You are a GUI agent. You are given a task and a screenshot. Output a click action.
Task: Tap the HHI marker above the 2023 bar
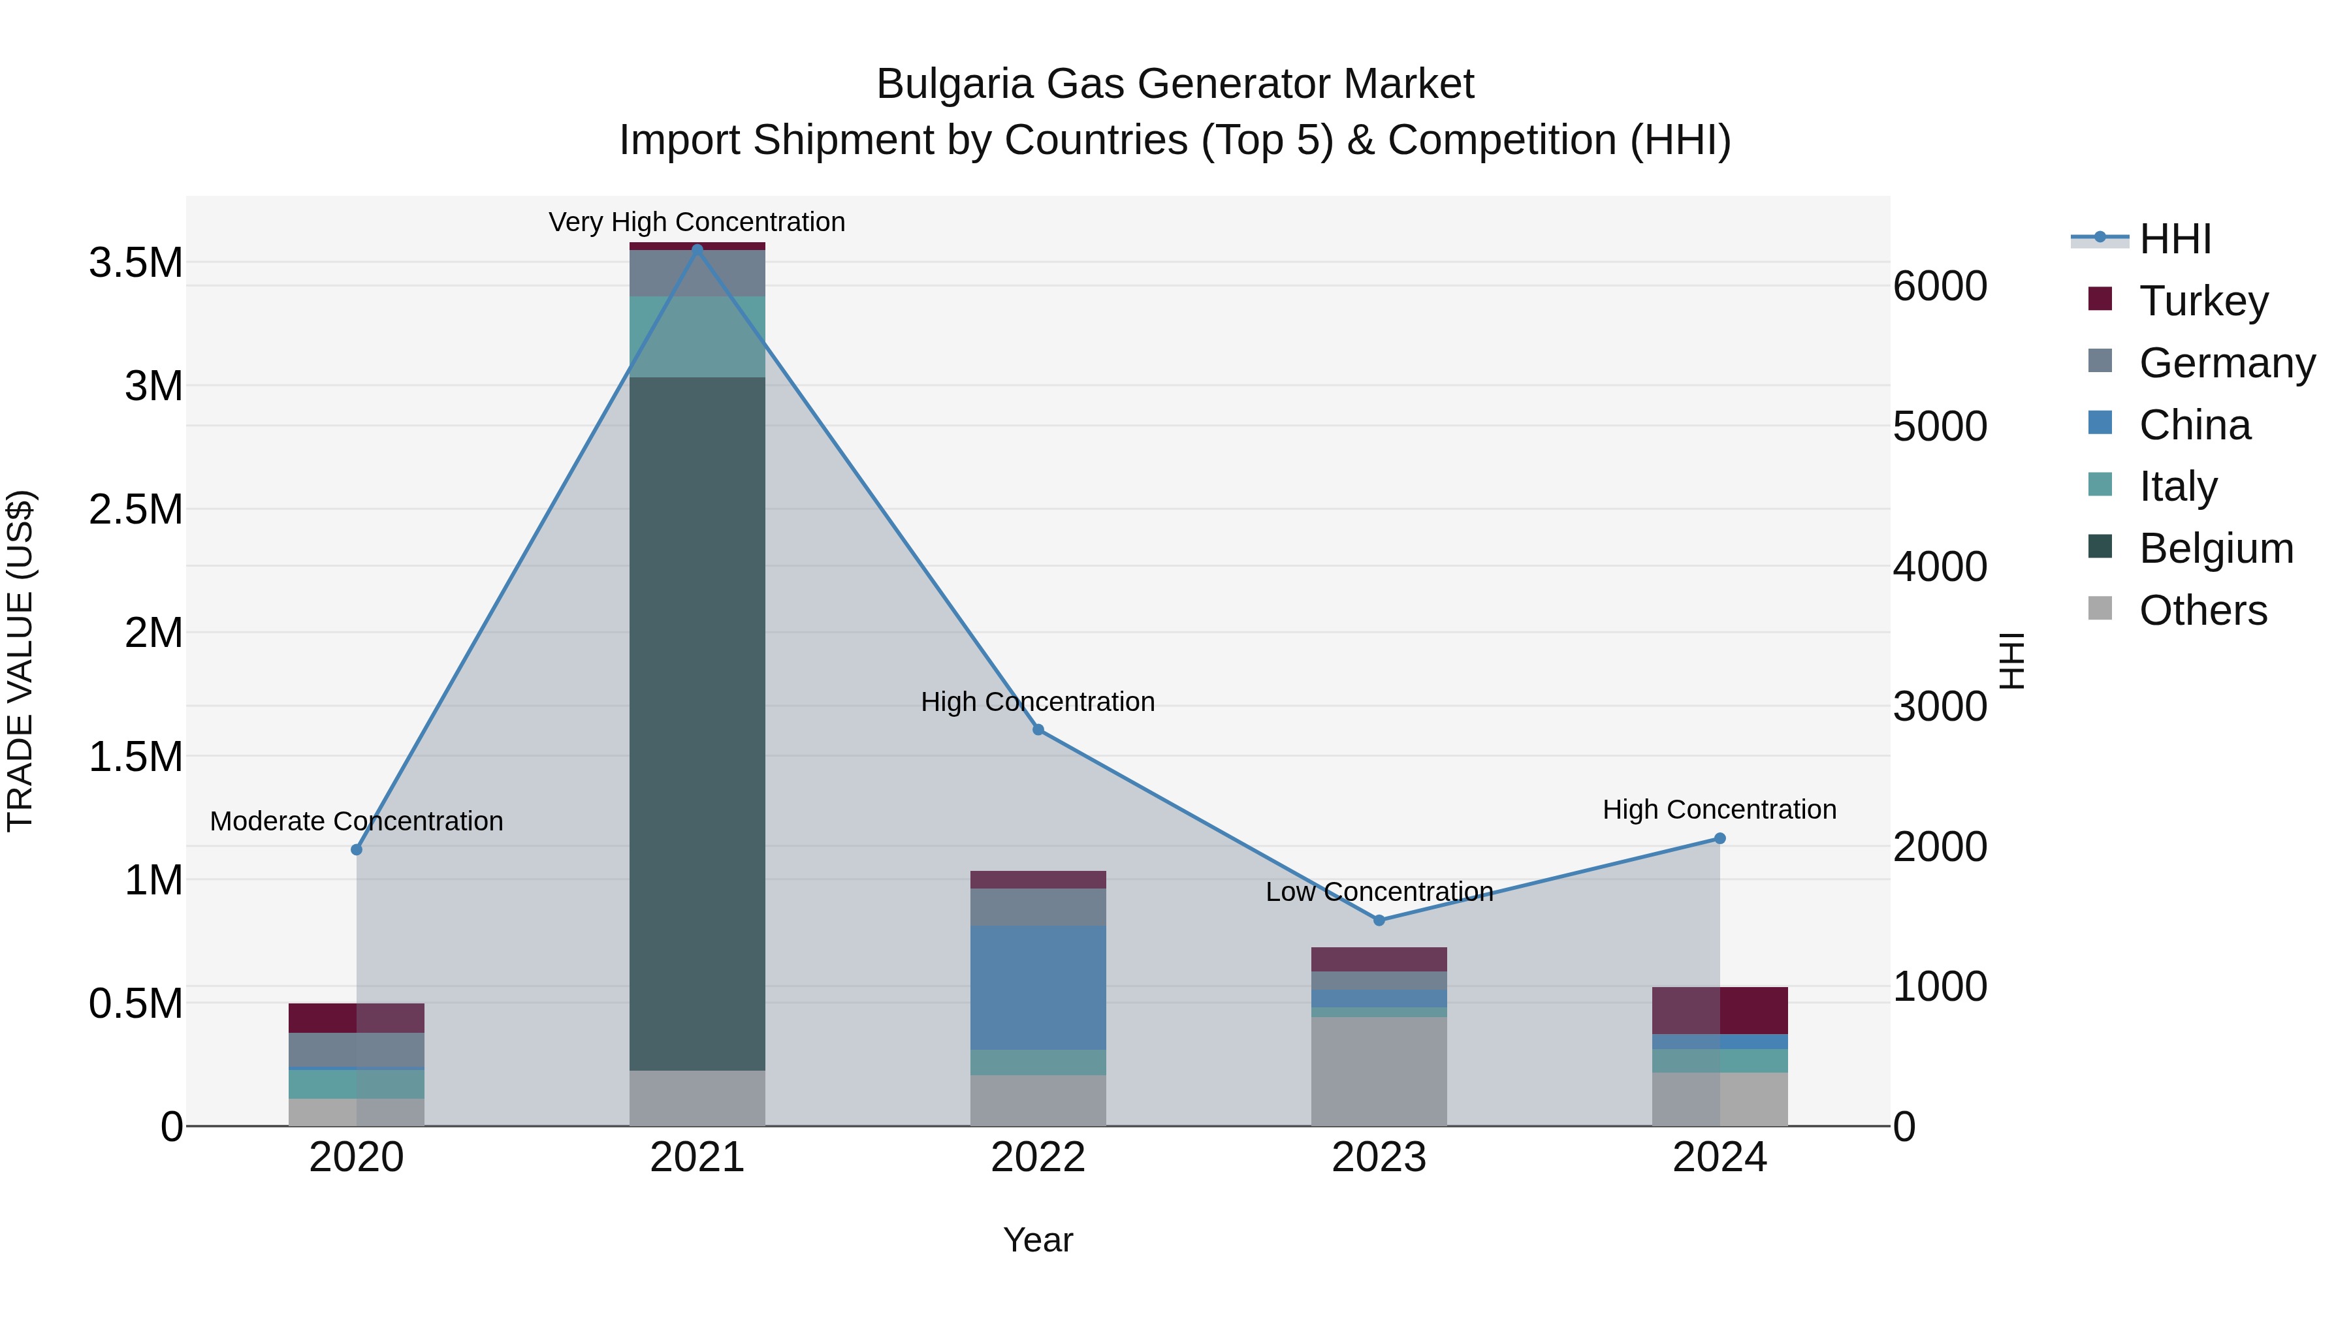pyautogui.click(x=1379, y=920)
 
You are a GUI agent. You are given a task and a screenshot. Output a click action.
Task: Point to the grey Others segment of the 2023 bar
pyautogui.click(x=1379, y=1071)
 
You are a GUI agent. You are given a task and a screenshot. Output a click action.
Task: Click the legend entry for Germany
pyautogui.click(x=2226, y=363)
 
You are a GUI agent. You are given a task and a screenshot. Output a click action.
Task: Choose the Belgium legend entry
pyautogui.click(x=2215, y=548)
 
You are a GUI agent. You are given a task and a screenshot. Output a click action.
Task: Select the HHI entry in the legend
pyautogui.click(x=2174, y=239)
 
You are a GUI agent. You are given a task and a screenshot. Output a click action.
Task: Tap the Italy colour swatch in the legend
pyautogui.click(x=2100, y=484)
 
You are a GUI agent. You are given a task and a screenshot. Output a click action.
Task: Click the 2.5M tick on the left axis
pyautogui.click(x=135, y=509)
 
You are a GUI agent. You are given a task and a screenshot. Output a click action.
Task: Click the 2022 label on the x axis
pyautogui.click(x=1038, y=1157)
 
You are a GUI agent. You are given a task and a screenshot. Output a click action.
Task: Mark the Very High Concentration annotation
pyautogui.click(x=697, y=222)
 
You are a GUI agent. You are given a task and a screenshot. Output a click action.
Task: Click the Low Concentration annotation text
pyautogui.click(x=1379, y=891)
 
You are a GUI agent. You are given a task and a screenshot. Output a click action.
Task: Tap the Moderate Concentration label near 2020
pyautogui.click(x=356, y=821)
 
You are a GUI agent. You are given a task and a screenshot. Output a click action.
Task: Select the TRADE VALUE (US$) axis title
pyautogui.click(x=20, y=661)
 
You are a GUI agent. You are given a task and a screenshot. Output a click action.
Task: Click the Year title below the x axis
pyautogui.click(x=1038, y=1240)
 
